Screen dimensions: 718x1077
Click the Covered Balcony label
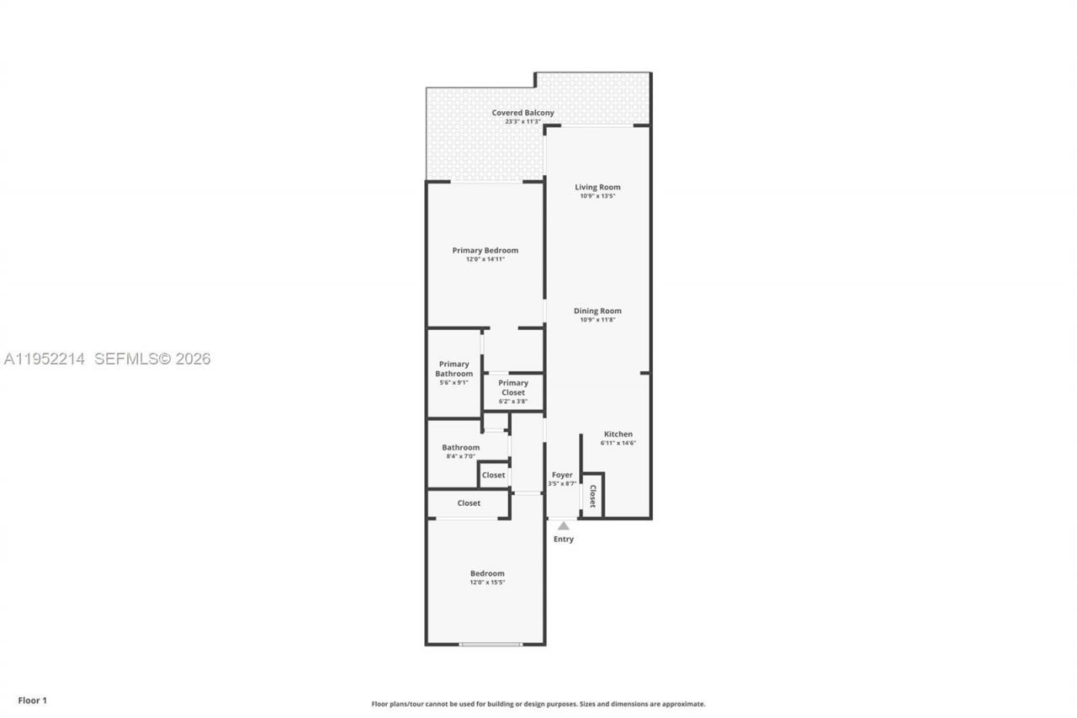point(523,113)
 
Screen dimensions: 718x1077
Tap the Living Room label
point(597,187)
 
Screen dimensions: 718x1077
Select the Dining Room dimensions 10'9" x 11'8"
point(597,320)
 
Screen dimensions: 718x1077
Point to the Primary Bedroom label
point(485,250)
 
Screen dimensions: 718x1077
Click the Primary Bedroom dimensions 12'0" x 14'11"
point(485,259)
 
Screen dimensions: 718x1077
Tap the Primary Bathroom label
point(454,369)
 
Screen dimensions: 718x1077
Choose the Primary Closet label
point(512,387)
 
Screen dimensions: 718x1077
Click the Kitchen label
point(618,434)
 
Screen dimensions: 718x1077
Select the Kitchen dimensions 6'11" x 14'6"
point(618,443)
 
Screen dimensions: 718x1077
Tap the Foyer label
point(562,475)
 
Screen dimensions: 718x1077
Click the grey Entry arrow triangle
point(564,526)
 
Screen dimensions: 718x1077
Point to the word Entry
point(564,540)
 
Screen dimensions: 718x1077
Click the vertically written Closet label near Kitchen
point(592,496)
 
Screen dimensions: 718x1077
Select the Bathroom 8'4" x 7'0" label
point(460,451)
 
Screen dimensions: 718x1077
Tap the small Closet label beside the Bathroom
point(493,475)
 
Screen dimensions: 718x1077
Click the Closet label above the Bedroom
point(469,503)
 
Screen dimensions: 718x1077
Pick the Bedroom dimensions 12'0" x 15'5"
point(487,582)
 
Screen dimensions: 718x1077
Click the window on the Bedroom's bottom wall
point(490,645)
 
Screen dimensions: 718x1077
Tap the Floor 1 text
point(33,700)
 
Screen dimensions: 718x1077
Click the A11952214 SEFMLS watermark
point(107,359)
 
